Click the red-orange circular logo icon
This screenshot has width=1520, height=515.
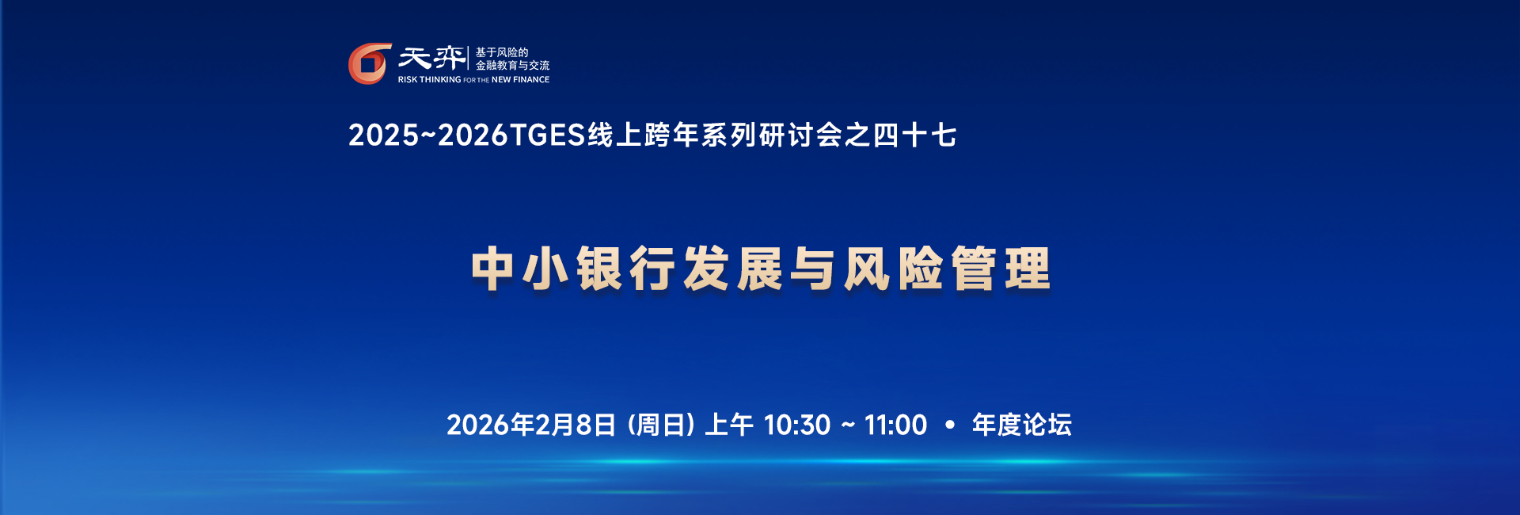pos(370,63)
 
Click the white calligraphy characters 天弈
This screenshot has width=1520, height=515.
pos(431,58)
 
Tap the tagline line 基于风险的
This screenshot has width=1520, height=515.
pos(501,52)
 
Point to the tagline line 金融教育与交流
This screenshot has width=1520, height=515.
pos(512,65)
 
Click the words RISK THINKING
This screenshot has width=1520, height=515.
pos(429,79)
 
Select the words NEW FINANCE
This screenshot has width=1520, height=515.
pos(520,79)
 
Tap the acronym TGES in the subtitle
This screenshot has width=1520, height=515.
pos(547,135)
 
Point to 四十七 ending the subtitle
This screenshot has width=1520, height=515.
pos(915,135)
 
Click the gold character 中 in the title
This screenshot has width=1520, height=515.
pos(493,269)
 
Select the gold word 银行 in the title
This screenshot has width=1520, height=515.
pos(626,269)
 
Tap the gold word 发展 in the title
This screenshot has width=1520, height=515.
pos(732,269)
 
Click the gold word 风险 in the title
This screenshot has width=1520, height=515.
pos(893,269)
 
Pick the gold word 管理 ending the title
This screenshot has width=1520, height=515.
pos(1001,269)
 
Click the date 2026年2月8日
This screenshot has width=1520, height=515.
pos(531,425)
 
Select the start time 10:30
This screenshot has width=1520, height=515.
pos(797,425)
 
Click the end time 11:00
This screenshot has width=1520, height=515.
pos(895,425)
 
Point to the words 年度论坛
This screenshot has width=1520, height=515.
pos(1022,425)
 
